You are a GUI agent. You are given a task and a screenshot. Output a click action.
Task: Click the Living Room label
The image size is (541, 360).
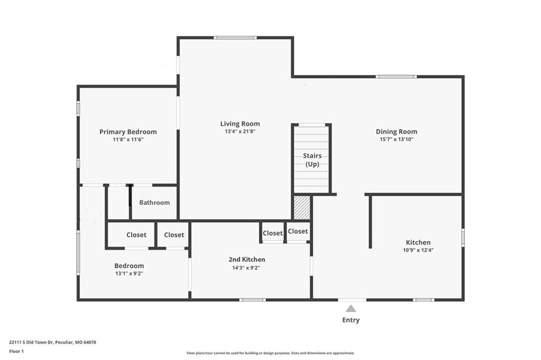click(240, 124)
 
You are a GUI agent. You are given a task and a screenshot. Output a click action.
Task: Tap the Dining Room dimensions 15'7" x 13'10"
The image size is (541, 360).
click(396, 139)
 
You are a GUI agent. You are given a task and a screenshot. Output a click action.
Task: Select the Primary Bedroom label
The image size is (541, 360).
click(128, 132)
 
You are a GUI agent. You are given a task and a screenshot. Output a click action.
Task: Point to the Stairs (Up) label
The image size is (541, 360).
click(312, 159)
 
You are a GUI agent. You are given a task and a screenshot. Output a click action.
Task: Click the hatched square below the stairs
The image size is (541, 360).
click(302, 207)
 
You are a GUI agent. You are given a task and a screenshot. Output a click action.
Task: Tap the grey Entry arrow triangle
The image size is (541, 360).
click(351, 308)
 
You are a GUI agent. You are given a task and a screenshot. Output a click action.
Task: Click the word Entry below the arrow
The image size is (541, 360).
click(351, 320)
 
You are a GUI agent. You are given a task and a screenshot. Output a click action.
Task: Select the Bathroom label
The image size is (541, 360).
click(155, 203)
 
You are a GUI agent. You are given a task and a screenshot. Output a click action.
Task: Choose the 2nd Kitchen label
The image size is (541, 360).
click(247, 259)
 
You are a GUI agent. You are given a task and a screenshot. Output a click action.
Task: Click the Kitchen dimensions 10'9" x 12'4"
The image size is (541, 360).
click(418, 250)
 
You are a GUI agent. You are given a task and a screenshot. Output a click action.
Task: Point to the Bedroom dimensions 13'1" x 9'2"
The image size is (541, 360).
click(129, 273)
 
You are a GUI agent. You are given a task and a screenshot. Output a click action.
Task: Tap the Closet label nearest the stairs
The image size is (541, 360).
click(298, 231)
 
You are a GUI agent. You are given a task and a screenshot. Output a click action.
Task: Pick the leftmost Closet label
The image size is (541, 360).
click(136, 235)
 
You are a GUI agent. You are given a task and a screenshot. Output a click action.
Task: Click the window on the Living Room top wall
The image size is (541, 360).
click(235, 37)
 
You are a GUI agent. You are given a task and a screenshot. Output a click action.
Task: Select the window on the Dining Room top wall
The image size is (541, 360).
click(396, 77)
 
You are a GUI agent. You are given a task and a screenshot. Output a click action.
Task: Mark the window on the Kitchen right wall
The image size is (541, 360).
click(463, 237)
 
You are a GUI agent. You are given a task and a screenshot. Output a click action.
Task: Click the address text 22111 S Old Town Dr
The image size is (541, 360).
click(31, 343)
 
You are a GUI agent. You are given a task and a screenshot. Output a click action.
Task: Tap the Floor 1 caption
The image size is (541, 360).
click(16, 352)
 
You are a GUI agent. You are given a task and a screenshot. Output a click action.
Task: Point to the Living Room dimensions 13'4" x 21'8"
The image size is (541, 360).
click(240, 131)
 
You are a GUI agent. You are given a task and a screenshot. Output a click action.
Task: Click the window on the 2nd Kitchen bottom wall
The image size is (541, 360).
click(253, 300)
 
